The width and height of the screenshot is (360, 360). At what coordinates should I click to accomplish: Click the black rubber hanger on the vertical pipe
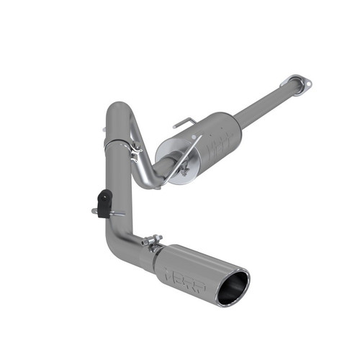[x=105, y=202]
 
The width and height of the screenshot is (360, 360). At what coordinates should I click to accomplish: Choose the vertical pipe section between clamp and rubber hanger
[x=119, y=173]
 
